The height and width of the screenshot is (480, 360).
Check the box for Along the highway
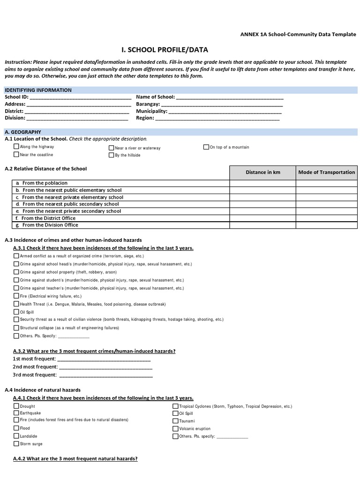click(16, 147)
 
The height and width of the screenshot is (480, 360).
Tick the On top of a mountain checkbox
click(206, 147)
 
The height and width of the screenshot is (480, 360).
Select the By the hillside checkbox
click(112, 155)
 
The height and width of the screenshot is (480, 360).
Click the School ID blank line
click(80, 97)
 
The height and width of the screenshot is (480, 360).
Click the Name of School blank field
click(230, 97)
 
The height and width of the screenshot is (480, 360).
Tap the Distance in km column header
click(262, 172)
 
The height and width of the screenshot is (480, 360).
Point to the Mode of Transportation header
click(327, 172)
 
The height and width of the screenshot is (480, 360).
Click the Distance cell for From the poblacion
click(262, 183)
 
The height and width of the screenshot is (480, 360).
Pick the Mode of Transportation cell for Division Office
click(327, 225)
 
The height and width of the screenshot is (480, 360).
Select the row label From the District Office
click(48, 218)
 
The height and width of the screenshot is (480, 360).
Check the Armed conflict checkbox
click(16, 256)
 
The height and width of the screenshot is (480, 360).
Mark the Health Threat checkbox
click(16, 304)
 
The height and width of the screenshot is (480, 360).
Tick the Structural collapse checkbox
click(16, 328)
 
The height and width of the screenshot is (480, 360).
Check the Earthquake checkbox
click(16, 413)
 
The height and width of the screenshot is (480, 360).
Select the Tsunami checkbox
click(175, 421)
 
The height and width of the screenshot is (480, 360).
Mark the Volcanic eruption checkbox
click(175, 428)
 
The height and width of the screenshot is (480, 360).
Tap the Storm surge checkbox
click(16, 443)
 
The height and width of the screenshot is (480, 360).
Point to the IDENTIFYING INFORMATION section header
click(38, 90)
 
